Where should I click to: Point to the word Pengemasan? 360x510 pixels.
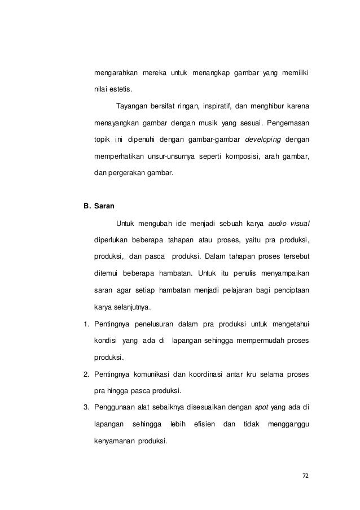[288, 123]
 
